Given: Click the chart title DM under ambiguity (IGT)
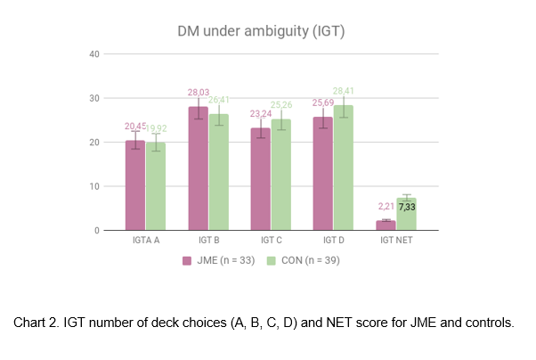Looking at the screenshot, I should [x=260, y=32].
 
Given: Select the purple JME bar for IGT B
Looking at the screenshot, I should [x=197, y=169].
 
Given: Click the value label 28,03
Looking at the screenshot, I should [x=197, y=92].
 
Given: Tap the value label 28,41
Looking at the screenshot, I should [x=344, y=91].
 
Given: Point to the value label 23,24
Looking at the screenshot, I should [x=260, y=113].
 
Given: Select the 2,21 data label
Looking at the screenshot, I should [x=386, y=206].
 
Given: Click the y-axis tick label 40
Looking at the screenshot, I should [x=93, y=53].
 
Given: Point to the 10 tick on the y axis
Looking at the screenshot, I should [x=93, y=186].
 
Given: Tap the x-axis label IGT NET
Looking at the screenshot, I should [x=395, y=241].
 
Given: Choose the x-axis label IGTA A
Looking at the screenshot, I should [x=145, y=241].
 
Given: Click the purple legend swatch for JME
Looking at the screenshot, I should [x=188, y=261].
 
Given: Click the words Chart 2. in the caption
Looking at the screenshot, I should [x=37, y=323].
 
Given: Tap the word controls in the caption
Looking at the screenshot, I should [x=491, y=323].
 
